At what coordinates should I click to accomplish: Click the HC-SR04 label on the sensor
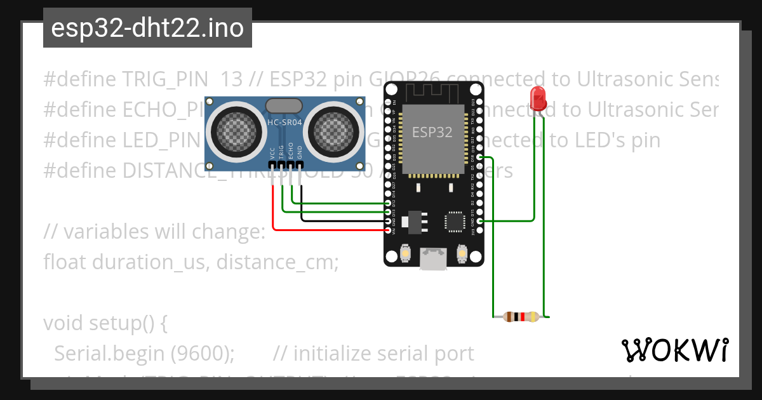pyautogui.click(x=284, y=123)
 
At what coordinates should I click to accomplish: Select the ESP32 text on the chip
pyautogui.click(x=432, y=132)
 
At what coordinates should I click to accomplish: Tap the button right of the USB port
pyautogui.click(x=462, y=255)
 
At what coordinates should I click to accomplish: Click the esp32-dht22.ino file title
pyautogui.click(x=147, y=28)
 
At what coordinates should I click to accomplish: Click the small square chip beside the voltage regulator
pyautogui.click(x=455, y=221)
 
